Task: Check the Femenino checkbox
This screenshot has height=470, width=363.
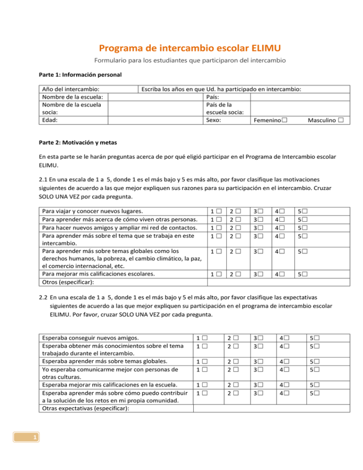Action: point(283,121)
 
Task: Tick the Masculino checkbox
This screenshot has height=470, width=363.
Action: point(340,121)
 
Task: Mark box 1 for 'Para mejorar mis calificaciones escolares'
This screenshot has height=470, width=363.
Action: point(219,273)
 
